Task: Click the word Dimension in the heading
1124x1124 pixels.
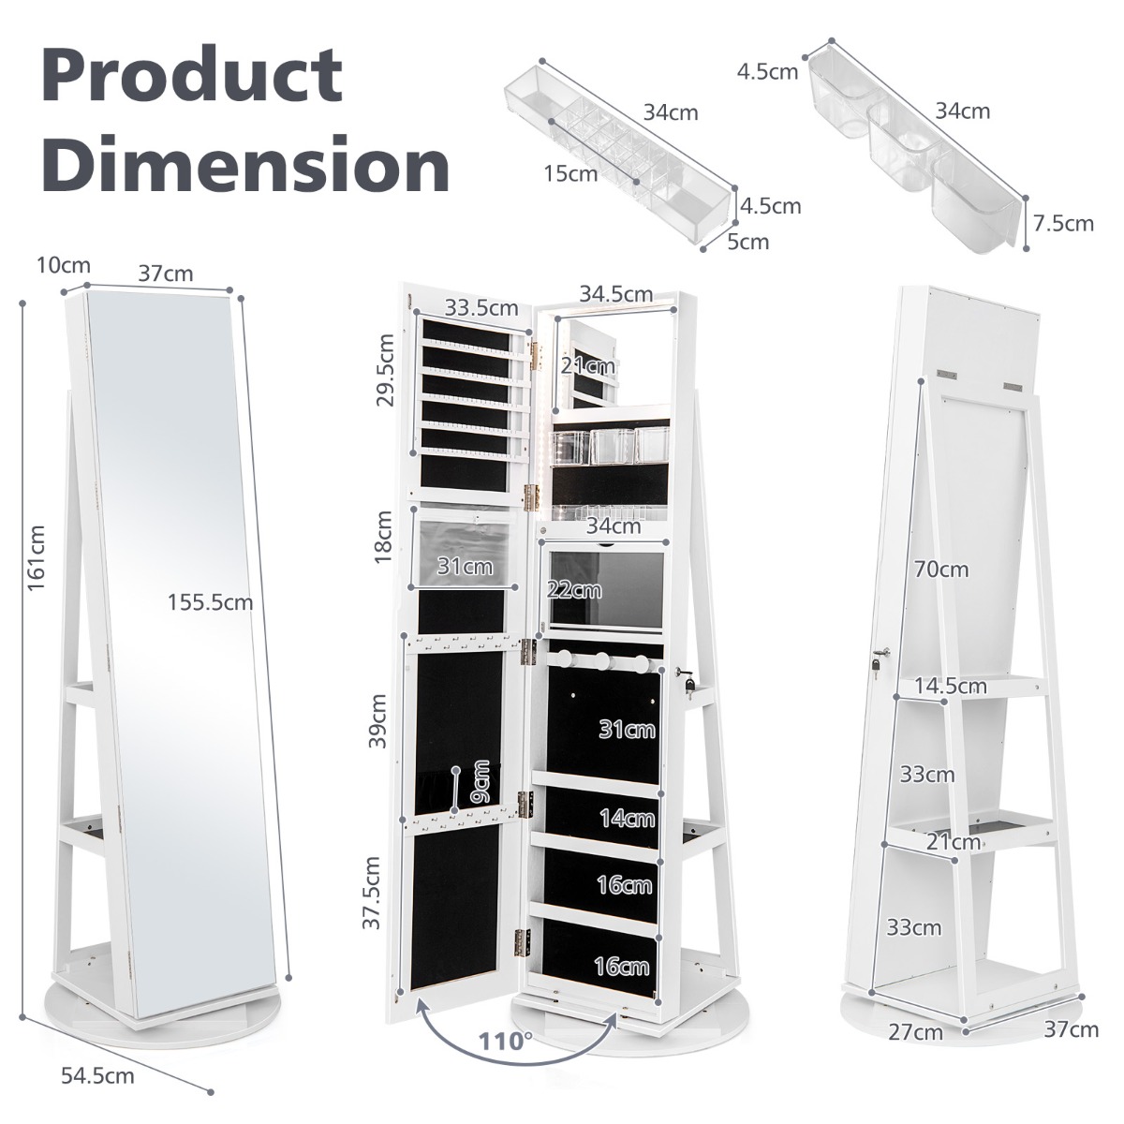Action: tap(245, 166)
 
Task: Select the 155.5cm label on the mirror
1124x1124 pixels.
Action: tap(211, 601)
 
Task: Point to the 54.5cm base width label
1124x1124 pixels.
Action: tap(97, 1076)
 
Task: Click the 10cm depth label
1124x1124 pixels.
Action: tap(64, 265)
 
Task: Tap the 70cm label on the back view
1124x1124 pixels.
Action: tap(941, 569)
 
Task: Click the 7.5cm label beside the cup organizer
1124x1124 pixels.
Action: tap(1064, 223)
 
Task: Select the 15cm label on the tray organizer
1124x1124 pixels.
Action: tap(569, 173)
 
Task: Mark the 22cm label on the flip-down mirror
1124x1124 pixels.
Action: tap(575, 589)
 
